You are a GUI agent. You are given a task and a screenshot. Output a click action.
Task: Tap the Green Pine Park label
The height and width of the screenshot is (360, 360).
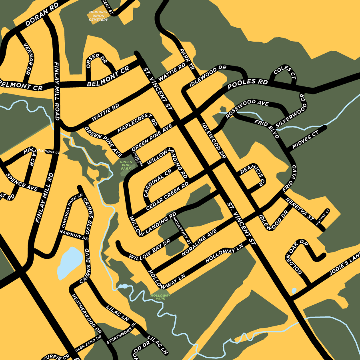(x=126, y=165)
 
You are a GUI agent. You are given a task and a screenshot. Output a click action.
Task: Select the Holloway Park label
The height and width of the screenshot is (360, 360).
(x=160, y=297)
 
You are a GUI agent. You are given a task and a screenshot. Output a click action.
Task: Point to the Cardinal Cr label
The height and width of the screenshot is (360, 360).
(x=157, y=183)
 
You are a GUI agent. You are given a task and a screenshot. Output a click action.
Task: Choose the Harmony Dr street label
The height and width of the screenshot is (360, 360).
(x=74, y=234)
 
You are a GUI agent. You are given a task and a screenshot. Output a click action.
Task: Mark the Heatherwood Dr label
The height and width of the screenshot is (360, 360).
(x=86, y=314)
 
